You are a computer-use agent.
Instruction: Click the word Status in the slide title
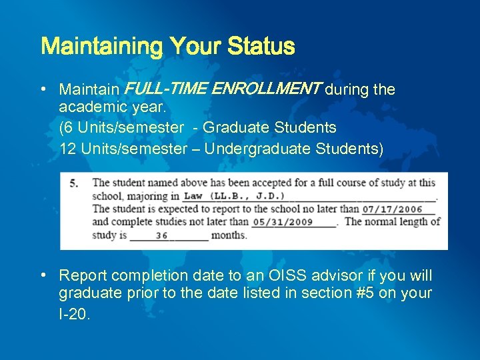pyautogui.click(x=261, y=47)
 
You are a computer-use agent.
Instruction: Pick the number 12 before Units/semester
pyautogui.click(x=67, y=149)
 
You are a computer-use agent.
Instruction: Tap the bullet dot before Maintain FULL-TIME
pyautogui.click(x=43, y=89)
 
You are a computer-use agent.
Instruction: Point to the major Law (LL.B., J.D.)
pyautogui.click(x=234, y=196)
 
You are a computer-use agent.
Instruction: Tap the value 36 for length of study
pyautogui.click(x=161, y=235)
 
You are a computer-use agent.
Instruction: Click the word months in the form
pyautogui.click(x=229, y=235)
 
